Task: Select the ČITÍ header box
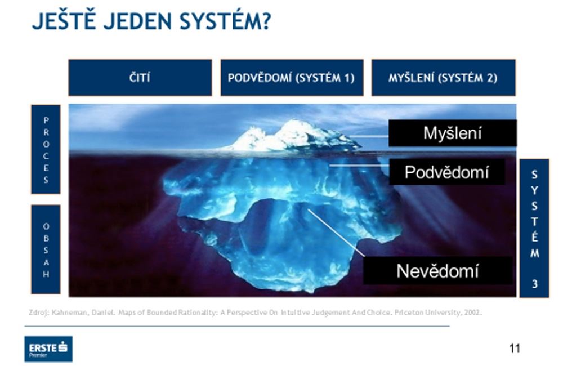click(140, 78)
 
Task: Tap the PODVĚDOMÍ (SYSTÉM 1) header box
click(291, 78)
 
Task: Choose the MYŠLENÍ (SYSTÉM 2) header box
click(443, 78)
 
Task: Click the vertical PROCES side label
click(46, 150)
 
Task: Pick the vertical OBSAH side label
click(46, 249)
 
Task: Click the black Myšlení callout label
click(452, 133)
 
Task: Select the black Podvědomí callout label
click(446, 172)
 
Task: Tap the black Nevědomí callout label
click(437, 271)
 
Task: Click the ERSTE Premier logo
click(48, 349)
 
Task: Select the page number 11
click(514, 349)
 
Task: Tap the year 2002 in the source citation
click(472, 311)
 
